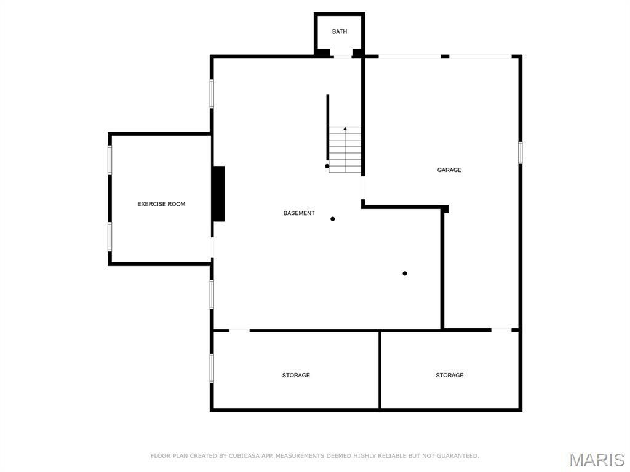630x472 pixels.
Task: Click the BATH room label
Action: pos(340,31)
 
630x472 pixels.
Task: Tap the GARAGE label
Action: pos(449,170)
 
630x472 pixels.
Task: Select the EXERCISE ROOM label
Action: pos(161,204)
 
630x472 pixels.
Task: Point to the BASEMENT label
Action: pos(299,213)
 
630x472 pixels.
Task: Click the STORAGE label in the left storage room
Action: pos(296,375)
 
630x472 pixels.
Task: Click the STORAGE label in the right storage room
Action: pos(450,375)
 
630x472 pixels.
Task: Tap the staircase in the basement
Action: pos(345,149)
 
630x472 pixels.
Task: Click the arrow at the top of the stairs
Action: pos(345,129)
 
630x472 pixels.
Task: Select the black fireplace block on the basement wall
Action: pos(218,194)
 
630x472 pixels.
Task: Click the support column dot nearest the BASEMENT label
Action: pos(333,219)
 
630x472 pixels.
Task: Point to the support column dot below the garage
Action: pos(405,273)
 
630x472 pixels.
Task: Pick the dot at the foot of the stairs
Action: pos(327,166)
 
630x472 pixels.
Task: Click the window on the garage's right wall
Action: pos(520,152)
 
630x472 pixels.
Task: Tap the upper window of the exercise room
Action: pos(110,160)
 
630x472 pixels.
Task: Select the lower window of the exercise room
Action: pos(110,237)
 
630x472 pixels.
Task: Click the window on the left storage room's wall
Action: pos(212,368)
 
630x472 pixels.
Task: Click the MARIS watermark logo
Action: pos(596,460)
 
